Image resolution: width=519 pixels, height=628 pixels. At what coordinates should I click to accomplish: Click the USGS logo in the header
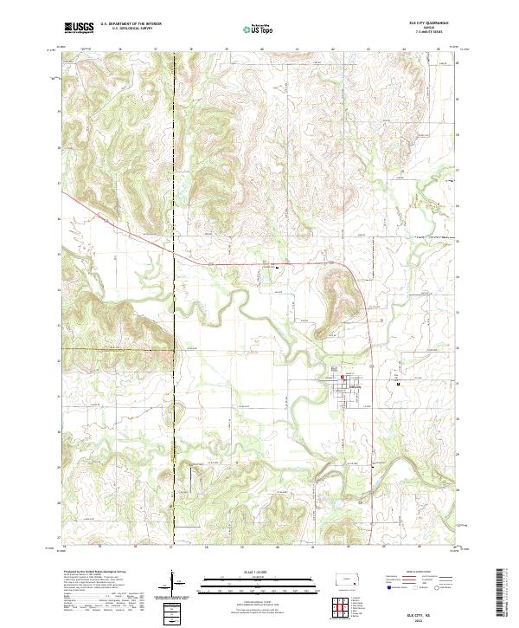(79, 28)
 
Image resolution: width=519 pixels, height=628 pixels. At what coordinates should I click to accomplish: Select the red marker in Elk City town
(343, 377)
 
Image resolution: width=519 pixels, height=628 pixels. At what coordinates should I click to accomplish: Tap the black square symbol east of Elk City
(398, 383)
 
